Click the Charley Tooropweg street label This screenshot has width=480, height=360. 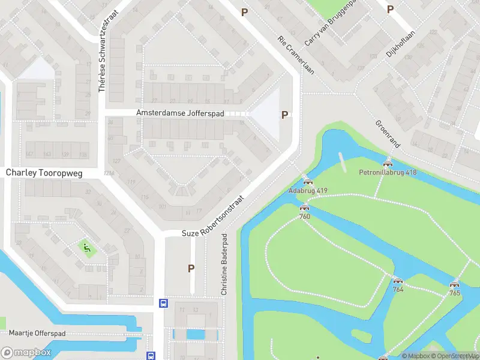coord(44,172)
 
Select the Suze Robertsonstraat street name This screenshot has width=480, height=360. coord(214,215)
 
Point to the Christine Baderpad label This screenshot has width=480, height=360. coord(224,264)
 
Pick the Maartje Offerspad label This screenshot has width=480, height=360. coord(37,332)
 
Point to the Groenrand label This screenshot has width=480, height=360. coord(387,133)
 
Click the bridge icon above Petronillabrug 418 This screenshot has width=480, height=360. coord(388,164)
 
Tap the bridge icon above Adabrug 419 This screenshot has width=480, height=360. coord(308,182)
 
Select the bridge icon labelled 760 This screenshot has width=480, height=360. coord(304,208)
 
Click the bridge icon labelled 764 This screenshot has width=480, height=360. coord(397,281)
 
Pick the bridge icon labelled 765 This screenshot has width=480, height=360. coord(454,285)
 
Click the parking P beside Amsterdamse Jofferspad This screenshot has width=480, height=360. coord(285,115)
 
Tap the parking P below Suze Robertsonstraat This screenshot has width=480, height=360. coord(191,268)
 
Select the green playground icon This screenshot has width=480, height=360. coord(86,246)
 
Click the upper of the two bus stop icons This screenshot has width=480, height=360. coord(163,304)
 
